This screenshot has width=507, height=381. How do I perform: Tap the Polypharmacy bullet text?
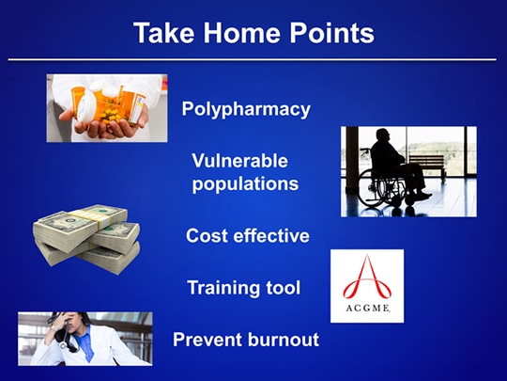245,109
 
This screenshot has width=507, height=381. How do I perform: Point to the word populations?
245,183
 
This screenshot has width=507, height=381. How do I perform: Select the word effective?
272,235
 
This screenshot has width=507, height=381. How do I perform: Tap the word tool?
283,287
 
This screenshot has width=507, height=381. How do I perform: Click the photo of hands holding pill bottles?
107,108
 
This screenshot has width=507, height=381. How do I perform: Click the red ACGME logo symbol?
367,278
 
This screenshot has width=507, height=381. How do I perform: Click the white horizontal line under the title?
253,59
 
